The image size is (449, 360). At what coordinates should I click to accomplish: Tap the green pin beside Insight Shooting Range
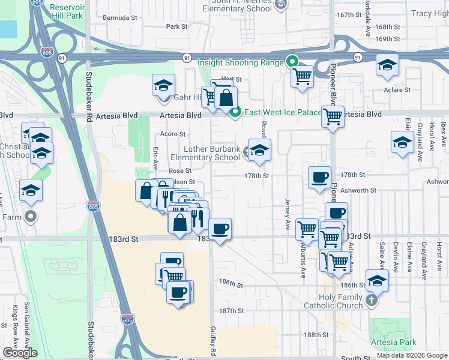292,61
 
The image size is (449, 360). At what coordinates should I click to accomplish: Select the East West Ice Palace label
275,112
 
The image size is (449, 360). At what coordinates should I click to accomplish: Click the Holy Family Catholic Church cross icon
372,301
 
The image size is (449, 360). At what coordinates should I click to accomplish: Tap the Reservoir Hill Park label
67,11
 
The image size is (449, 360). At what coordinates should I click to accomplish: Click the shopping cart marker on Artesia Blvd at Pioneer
332,117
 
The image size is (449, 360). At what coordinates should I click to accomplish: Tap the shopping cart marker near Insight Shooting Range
302,76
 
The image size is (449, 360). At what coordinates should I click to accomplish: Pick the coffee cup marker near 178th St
319,177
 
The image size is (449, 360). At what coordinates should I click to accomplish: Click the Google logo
20,353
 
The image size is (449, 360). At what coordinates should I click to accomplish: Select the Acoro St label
173,134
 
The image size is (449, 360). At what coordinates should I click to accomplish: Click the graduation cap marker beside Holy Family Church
377,280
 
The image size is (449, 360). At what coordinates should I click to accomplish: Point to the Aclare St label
397,90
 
